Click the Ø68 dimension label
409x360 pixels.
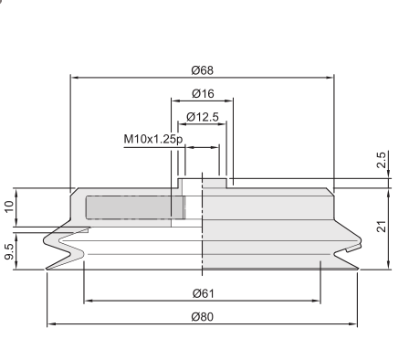[203, 70]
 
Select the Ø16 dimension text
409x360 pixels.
[203, 93]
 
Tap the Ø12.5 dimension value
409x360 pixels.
[203, 117]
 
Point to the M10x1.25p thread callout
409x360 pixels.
[153, 139]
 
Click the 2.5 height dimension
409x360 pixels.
[382, 160]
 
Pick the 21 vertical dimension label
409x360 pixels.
[382, 226]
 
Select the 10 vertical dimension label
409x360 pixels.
[9, 206]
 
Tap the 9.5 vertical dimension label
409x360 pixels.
[9, 251]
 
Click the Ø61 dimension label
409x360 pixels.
[204, 293]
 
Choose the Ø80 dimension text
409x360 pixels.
[203, 317]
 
